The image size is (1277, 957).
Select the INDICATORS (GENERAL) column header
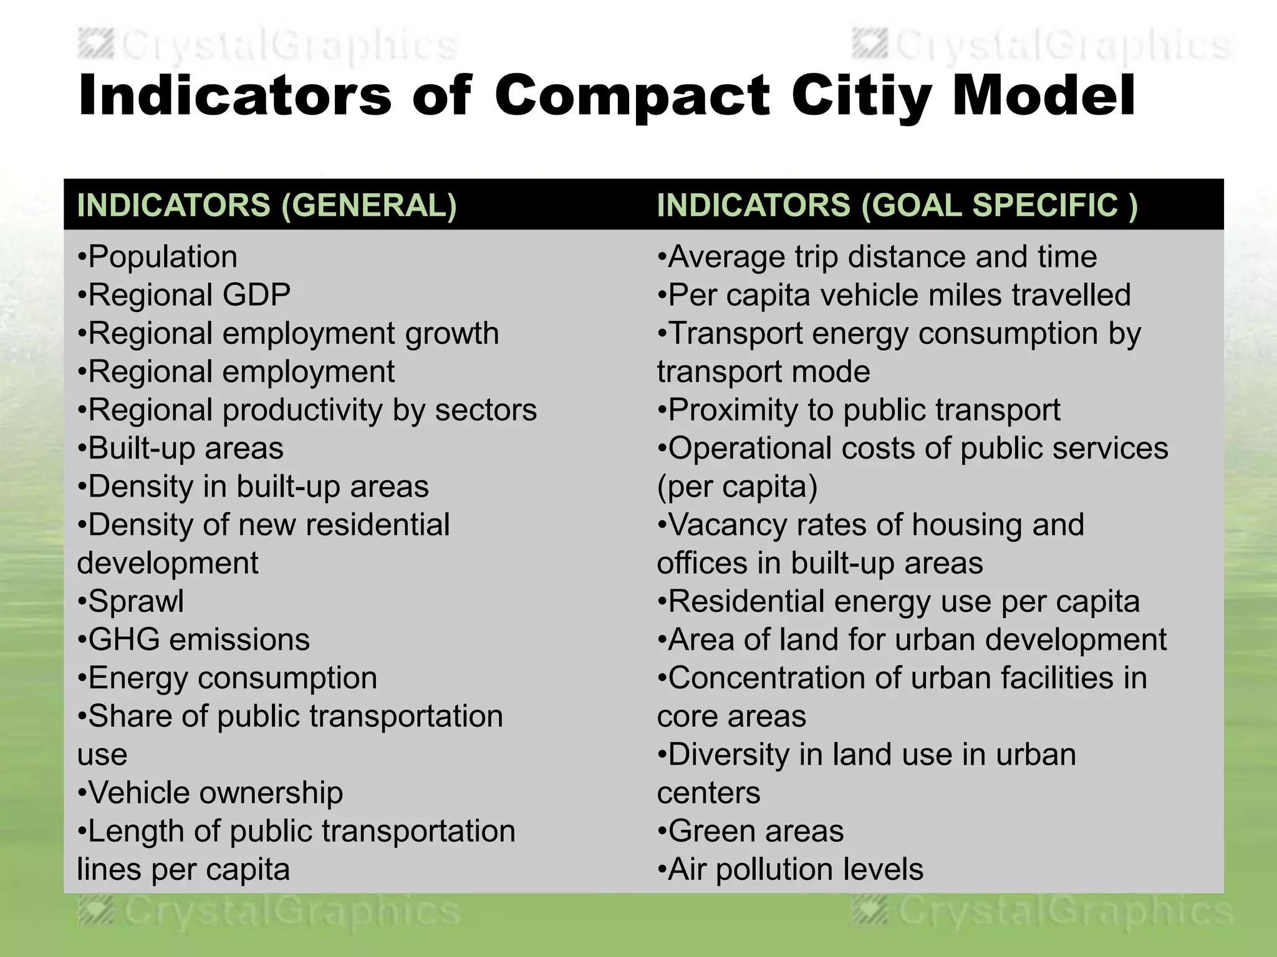tap(267, 205)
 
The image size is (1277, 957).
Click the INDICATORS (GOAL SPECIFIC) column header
tap(897, 205)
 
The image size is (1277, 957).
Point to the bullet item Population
tap(162, 257)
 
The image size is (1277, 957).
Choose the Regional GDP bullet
tap(189, 295)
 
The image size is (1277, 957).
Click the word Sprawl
tap(136, 601)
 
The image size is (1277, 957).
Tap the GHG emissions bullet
tap(198, 640)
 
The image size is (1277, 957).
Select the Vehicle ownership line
tap(215, 793)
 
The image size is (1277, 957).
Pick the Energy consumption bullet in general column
tap(232, 678)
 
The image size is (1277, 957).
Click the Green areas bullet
tap(755, 831)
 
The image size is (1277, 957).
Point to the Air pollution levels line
tap(795, 870)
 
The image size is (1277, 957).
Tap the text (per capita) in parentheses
tap(737, 487)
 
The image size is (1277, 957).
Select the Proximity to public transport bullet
tap(864, 410)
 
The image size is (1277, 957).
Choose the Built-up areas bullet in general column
tap(185, 449)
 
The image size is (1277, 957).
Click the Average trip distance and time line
tap(882, 257)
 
